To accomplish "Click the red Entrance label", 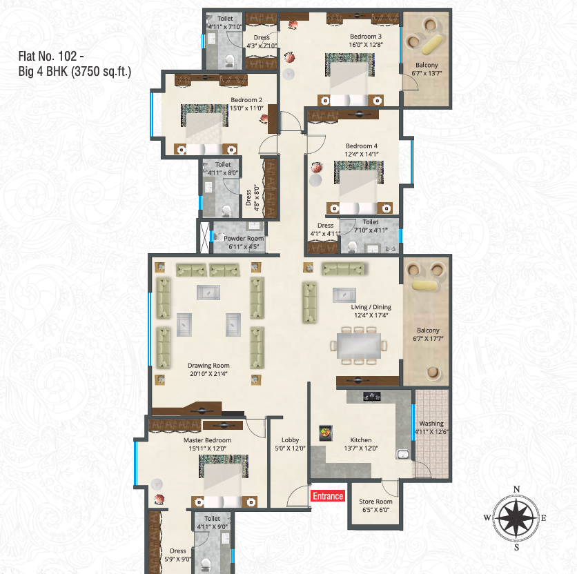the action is pos(328,496).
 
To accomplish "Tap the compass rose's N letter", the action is pos(516,489).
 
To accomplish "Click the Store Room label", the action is pos(375,502).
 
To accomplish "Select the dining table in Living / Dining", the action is pos(359,346).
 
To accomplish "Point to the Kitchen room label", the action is pos(360,440).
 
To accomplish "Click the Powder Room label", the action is pos(244,239).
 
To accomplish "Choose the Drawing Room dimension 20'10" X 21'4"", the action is pos(208,374).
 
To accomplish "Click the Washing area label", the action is pos(431,424).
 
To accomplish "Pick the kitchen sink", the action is pos(403,454).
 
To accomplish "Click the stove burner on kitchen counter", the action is pos(371,396).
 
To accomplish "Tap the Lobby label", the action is pos(290,440).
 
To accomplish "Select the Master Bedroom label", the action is pos(208,440).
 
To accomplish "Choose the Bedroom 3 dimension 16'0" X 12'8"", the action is pos(366,45).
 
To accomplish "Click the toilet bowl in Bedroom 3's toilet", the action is pos(230,61).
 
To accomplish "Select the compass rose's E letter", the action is pos(543,518).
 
